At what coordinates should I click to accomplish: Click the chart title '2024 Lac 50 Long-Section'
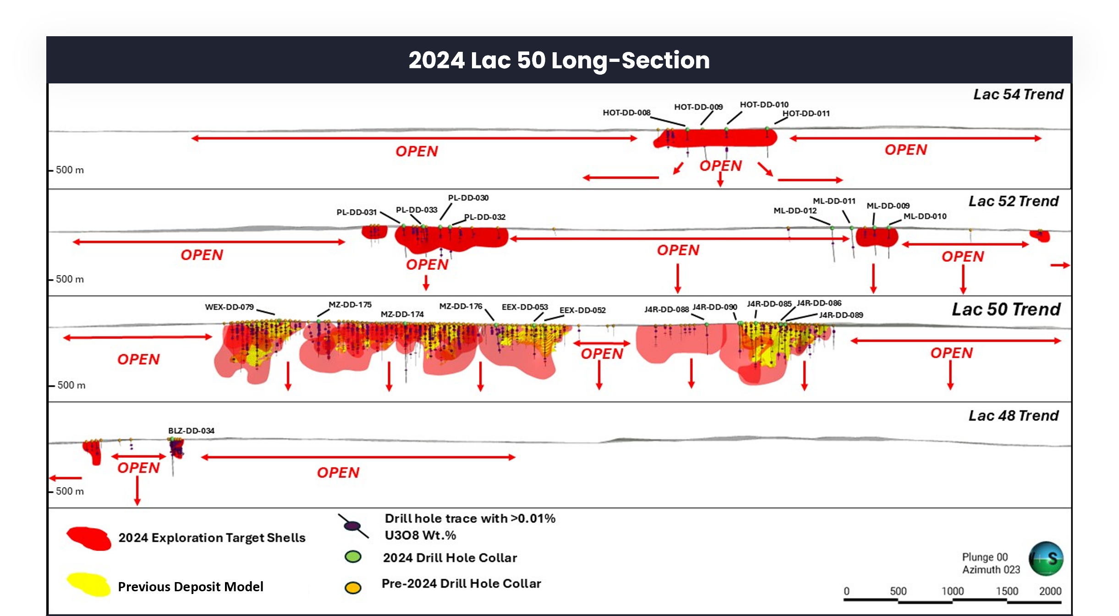(x=559, y=60)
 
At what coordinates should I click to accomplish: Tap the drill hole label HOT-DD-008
(x=626, y=113)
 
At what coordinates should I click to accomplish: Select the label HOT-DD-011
(x=806, y=113)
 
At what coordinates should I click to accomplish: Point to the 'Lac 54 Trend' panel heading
(x=1018, y=94)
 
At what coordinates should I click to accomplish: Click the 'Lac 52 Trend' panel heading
(x=1014, y=201)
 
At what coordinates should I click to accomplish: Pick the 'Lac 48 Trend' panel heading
(x=1014, y=416)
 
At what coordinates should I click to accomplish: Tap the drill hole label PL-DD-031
(x=357, y=212)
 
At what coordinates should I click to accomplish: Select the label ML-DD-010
(x=925, y=216)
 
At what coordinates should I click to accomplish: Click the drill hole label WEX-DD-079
(x=229, y=307)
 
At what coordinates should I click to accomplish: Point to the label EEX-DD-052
(x=582, y=310)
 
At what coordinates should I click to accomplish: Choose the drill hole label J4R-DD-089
(x=841, y=315)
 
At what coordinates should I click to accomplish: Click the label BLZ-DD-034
(x=191, y=431)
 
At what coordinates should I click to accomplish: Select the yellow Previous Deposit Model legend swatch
(x=89, y=585)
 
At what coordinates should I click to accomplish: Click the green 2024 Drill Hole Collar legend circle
(x=353, y=557)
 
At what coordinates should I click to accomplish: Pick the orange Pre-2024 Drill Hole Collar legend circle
(x=353, y=588)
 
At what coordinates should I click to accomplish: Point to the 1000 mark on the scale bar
(x=952, y=591)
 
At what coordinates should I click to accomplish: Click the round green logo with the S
(x=1046, y=559)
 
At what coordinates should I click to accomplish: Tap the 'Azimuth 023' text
(x=991, y=570)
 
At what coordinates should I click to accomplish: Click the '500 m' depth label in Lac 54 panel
(x=70, y=170)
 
